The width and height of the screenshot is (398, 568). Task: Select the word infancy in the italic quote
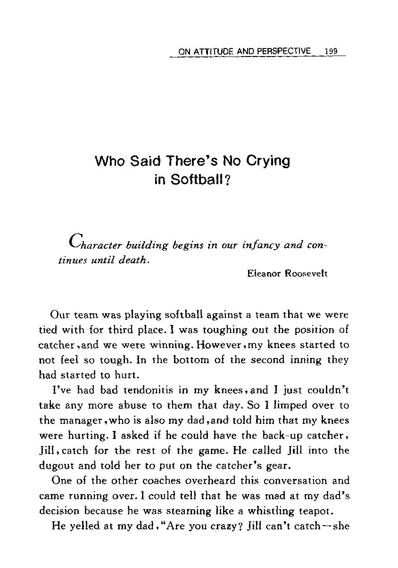262,245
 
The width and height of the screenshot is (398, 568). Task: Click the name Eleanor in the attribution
263,273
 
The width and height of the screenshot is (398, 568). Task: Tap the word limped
272,405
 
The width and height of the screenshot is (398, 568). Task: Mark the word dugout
54,466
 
